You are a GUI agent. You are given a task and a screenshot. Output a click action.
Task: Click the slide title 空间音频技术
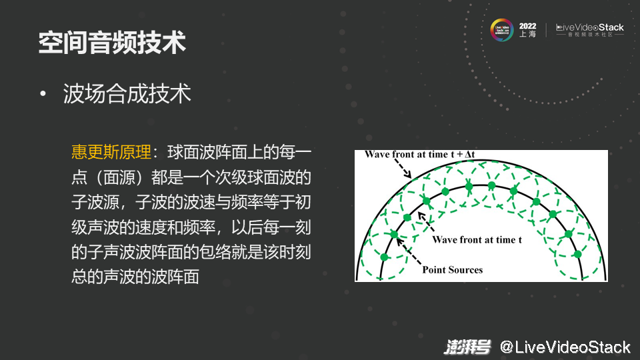(112, 43)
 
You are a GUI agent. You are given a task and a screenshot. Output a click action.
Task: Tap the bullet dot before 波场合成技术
(43, 94)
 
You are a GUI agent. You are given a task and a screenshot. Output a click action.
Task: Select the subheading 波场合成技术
(127, 93)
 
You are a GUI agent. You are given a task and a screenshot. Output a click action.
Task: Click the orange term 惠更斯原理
(111, 152)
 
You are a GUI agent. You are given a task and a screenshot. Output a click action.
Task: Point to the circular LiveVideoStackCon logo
(501, 30)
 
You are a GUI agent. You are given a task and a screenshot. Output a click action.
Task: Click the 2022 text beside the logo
(527, 26)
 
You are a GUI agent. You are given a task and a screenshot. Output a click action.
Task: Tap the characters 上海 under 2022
(527, 34)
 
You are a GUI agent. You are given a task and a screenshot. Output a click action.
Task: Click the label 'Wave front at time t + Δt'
(419, 154)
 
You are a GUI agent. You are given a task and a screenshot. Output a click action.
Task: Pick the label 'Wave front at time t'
(477, 239)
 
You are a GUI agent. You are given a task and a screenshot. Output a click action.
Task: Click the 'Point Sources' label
(452, 270)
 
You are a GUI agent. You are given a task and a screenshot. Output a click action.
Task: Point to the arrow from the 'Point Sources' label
(409, 251)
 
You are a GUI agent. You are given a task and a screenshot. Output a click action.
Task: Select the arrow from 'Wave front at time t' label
(426, 223)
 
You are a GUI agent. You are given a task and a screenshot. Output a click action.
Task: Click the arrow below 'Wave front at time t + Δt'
(403, 168)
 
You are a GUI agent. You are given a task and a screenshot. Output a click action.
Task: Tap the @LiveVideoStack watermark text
(565, 347)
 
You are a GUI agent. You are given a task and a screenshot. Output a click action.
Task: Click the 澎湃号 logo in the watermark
(467, 347)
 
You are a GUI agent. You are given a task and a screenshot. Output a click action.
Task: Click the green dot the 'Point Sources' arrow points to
(394, 234)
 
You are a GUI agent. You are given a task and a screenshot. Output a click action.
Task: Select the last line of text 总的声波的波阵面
(135, 277)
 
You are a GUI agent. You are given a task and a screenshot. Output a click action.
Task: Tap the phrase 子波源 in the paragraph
(95, 202)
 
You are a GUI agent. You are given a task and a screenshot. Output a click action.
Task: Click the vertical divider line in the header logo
(546, 30)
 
